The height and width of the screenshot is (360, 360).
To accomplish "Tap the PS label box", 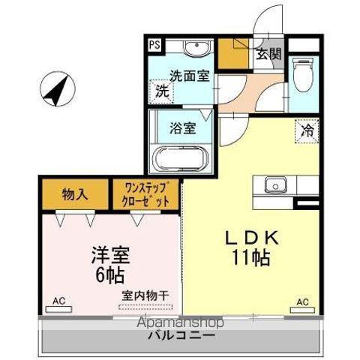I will pos(154,43).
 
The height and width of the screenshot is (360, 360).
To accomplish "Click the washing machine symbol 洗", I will pos(161,92).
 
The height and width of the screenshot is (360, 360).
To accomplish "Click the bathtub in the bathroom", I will pos(180,160).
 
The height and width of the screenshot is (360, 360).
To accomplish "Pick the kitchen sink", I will pos(274,183).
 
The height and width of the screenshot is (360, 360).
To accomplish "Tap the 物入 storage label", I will pos(74,194).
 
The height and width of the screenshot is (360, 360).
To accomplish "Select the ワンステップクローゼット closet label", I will pos(145,194).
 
